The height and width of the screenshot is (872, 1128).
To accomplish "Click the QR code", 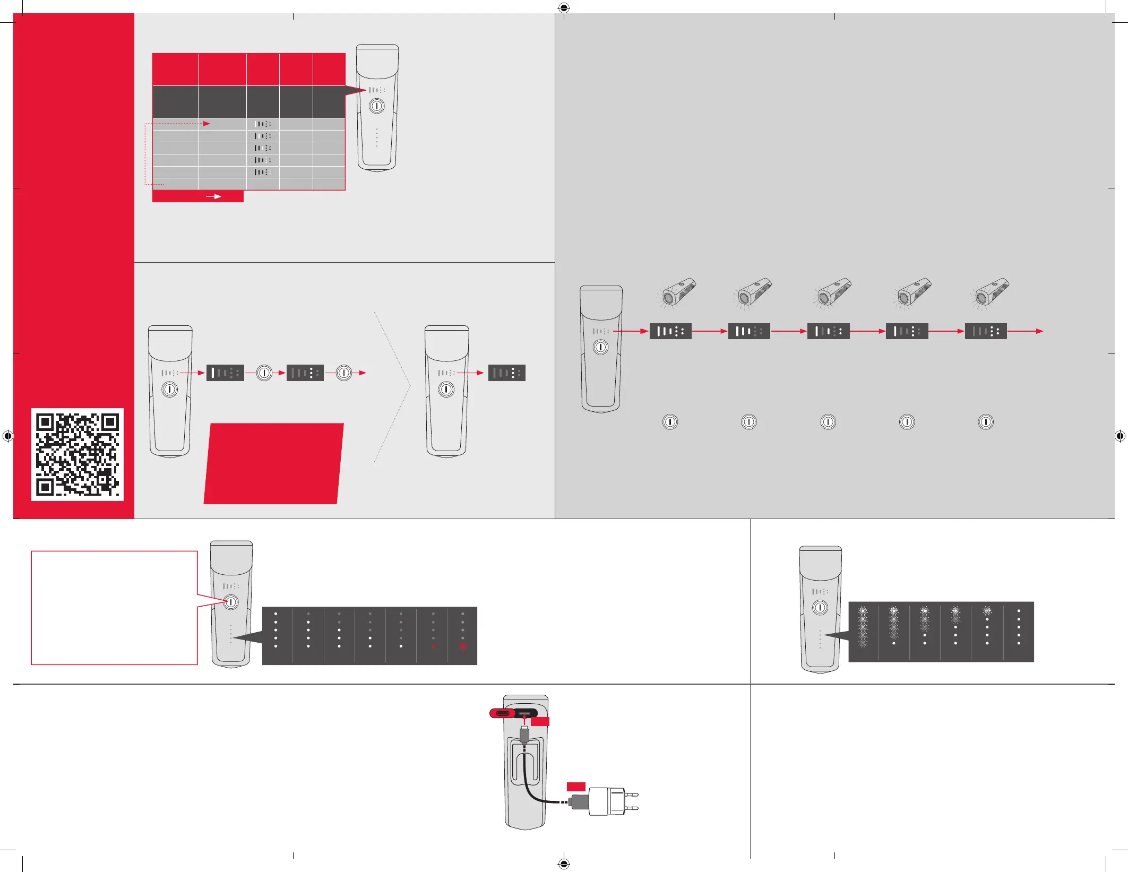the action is (78, 454).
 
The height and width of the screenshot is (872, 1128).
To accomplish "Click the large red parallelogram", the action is (273, 463).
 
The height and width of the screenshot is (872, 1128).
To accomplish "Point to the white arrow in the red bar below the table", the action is (214, 196).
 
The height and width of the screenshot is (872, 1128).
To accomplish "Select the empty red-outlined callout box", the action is (114, 608).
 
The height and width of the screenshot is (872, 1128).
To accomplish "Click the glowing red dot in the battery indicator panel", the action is (462, 646).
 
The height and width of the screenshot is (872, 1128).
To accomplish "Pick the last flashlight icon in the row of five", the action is (989, 293).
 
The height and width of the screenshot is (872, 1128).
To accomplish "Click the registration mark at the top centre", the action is (564, 8).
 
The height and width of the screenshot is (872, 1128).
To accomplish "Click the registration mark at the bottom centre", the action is (564, 864).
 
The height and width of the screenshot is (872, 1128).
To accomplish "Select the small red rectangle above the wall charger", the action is (576, 787).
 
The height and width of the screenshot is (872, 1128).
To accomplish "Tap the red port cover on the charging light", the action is (501, 713).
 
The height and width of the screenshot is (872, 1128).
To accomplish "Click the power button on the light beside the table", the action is (377, 106).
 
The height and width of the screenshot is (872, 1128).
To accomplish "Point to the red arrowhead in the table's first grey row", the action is (207, 124).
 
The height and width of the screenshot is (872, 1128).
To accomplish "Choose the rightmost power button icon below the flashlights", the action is (986, 422).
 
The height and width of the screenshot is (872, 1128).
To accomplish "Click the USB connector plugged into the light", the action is (524, 736).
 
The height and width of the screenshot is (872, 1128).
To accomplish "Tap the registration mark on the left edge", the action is (7, 436).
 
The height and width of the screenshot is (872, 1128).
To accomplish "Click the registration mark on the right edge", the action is (1120, 436).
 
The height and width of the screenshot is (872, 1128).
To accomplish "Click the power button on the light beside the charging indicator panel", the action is (820, 607).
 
